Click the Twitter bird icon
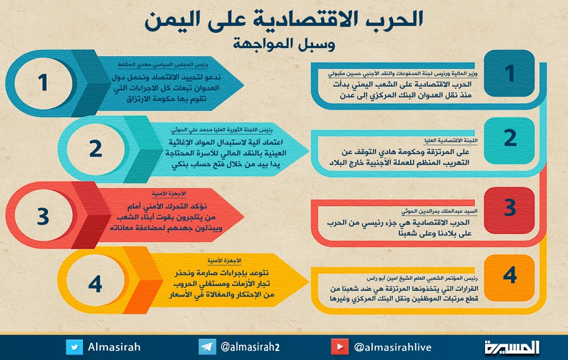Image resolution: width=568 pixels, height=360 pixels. (x=74, y=347)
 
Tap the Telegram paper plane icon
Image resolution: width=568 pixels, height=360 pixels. (x=207, y=347)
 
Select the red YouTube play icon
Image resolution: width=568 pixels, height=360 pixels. (x=340, y=347)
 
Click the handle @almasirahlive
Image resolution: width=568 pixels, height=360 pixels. (x=392, y=348)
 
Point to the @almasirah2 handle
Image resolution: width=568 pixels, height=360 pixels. (x=250, y=347)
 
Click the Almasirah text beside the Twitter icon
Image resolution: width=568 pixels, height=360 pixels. (x=114, y=347)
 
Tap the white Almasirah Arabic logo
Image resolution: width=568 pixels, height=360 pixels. (x=512, y=347)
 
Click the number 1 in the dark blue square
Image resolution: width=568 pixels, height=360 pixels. (x=509, y=73)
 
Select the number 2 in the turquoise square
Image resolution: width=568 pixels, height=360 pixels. (x=510, y=138)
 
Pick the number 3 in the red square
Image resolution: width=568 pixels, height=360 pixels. (x=509, y=207)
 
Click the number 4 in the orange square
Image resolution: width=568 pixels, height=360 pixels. (x=509, y=275)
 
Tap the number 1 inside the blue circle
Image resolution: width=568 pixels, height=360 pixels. (x=43, y=82)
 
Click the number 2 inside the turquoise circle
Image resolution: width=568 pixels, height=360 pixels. (x=95, y=149)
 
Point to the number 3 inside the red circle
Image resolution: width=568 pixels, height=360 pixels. (x=43, y=216)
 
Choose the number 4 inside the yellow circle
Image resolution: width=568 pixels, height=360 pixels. (x=95, y=283)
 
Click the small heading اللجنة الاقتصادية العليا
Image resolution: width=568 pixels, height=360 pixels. (x=450, y=140)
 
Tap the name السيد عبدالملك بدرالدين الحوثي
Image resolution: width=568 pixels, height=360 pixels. (x=439, y=211)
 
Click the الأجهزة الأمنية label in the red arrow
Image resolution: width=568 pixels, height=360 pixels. (x=169, y=194)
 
